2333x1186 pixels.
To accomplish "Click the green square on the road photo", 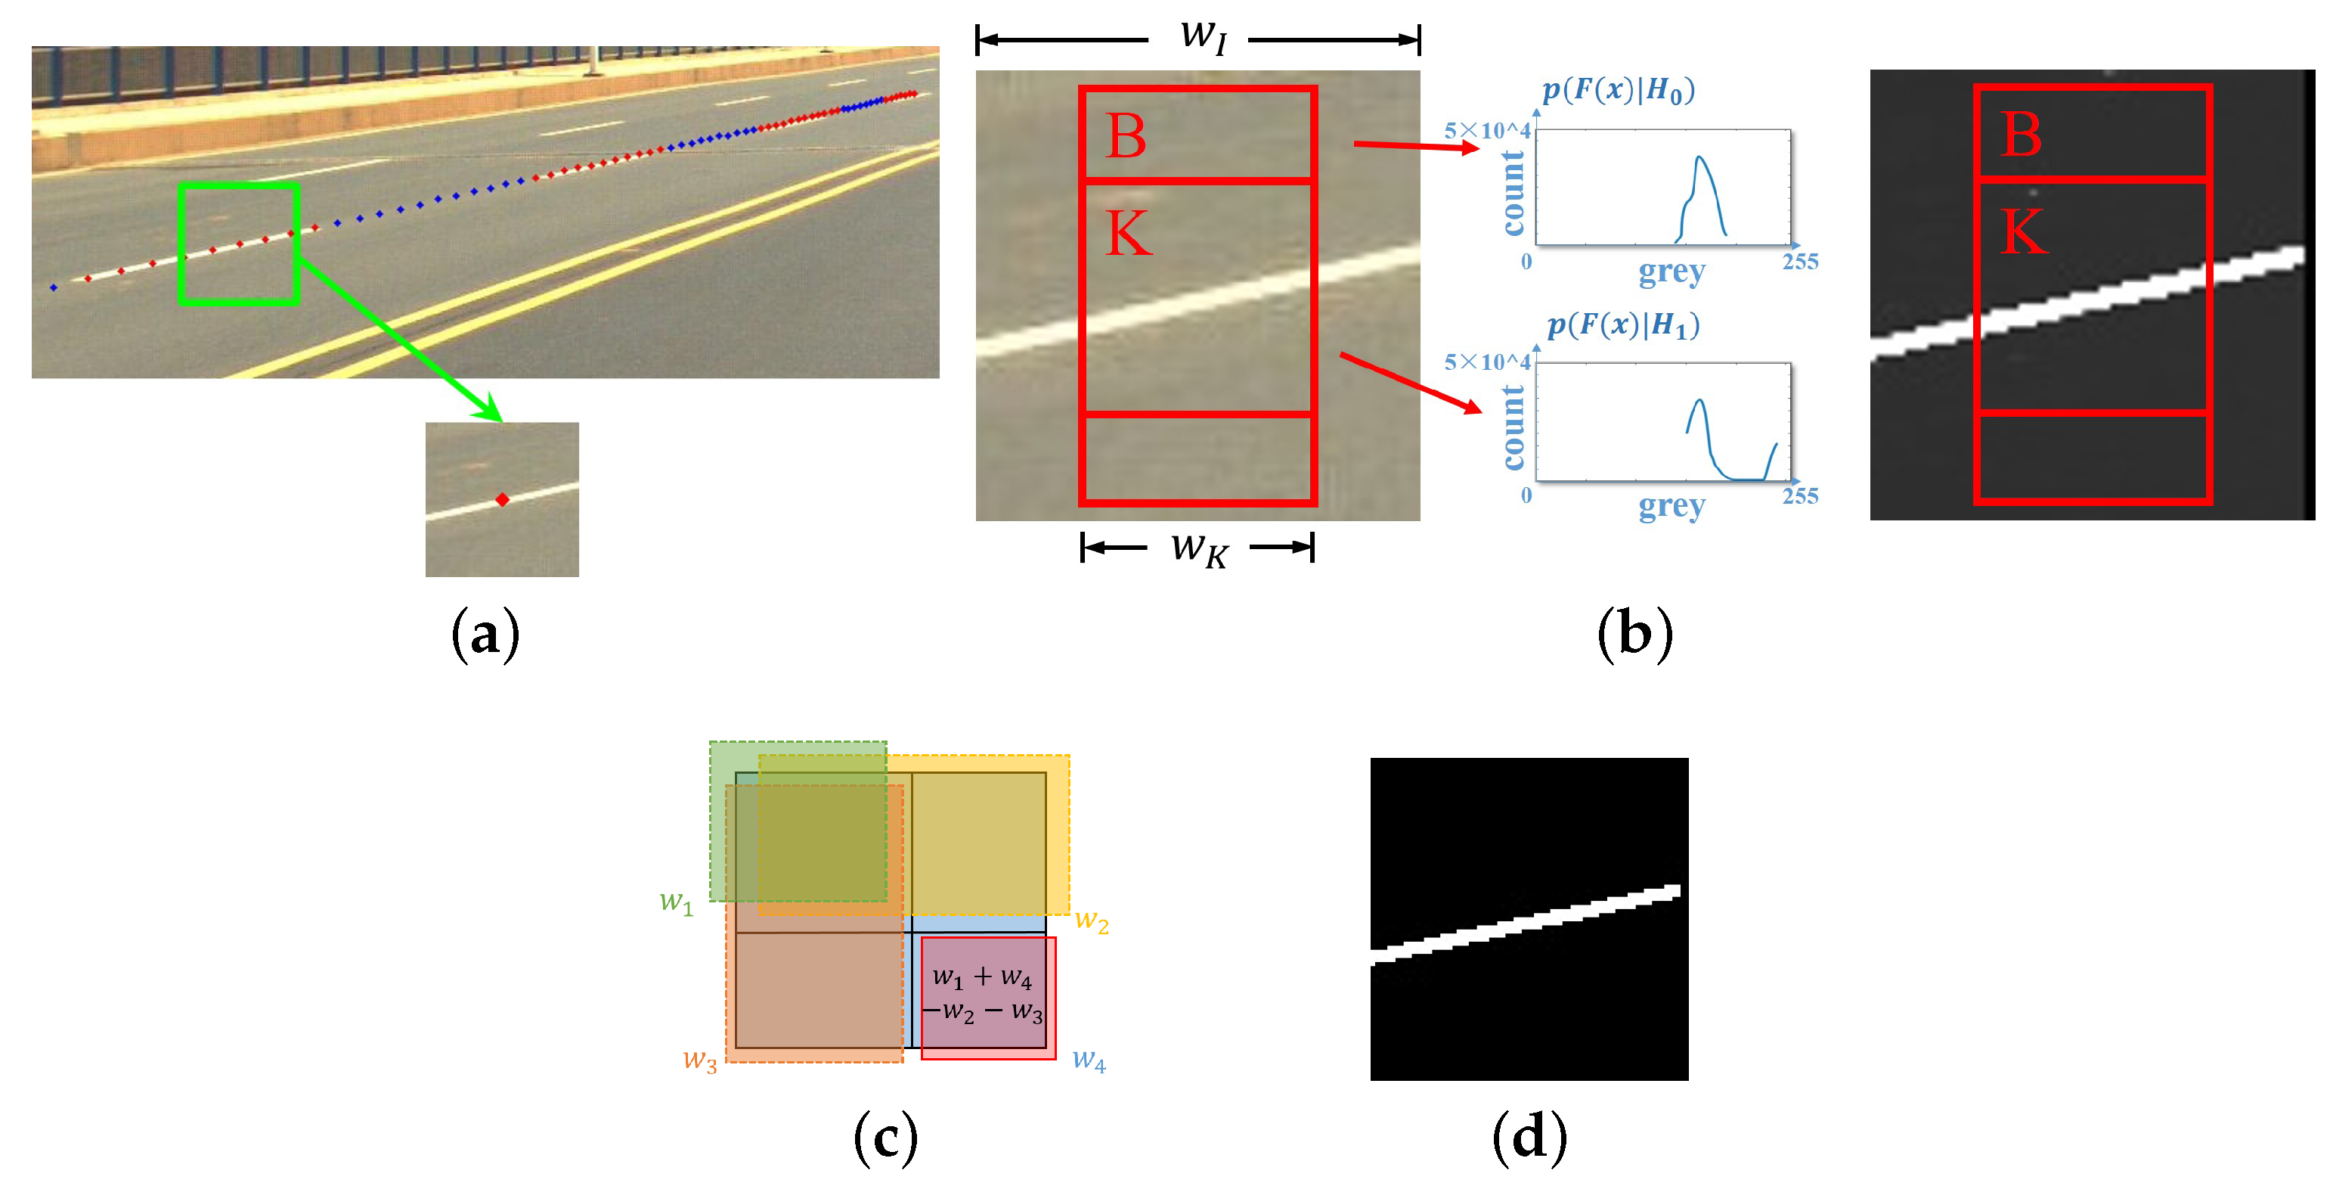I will click(x=238, y=244).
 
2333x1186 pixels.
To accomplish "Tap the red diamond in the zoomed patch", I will click(x=503, y=499).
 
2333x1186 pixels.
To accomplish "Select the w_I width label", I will click(x=1203, y=37).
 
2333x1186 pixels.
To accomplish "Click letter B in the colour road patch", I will click(x=1126, y=138).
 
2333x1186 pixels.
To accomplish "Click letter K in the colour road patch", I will click(x=1129, y=234).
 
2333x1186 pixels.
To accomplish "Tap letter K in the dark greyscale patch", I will click(x=2023, y=232).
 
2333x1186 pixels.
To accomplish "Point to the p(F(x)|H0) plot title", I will click(x=1619, y=90).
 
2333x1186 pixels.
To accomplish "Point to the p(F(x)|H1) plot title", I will click(x=1623, y=324).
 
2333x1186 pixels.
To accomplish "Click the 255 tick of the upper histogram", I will click(x=1799, y=262).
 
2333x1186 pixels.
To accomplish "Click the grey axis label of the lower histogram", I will click(x=1672, y=505).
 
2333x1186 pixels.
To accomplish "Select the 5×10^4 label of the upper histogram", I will click(x=1487, y=130).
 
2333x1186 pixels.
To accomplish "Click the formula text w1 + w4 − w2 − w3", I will click(x=984, y=994).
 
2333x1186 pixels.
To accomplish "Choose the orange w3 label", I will click(x=699, y=1060).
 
